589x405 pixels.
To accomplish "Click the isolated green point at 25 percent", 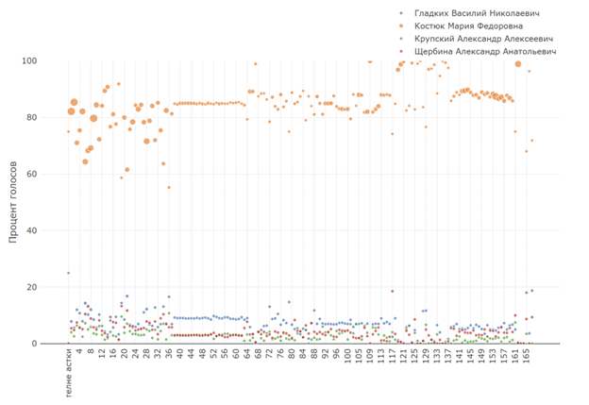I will [x=68, y=273].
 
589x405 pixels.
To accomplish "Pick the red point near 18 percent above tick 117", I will [x=392, y=292].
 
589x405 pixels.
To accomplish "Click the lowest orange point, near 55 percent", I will [x=169, y=187].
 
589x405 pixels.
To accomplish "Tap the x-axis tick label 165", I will [x=528, y=355].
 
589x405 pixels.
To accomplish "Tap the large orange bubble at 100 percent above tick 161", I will [x=517, y=63].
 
